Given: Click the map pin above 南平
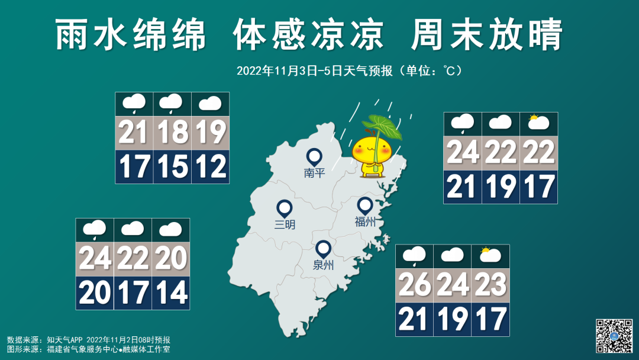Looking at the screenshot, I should coord(314,157).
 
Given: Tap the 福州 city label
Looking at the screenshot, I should coord(365,222).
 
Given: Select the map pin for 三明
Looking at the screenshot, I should coord(285,208).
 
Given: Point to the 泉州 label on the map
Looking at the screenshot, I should coord(323,265).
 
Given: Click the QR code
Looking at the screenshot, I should coord(614,336).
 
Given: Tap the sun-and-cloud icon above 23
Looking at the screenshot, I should coord(490,256).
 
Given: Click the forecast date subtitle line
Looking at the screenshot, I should coord(349,71).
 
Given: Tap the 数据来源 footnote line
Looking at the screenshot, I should coord(89,340).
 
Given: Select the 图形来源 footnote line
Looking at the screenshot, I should coord(89,349).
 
